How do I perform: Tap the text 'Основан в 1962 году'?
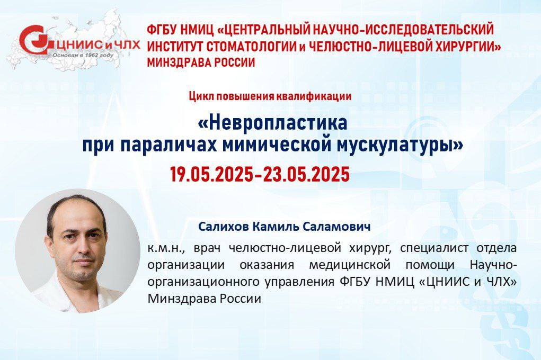click(83, 55)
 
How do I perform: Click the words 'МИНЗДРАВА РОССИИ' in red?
click(201, 62)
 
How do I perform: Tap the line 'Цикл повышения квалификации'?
click(270, 96)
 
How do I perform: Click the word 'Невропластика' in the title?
click(272, 123)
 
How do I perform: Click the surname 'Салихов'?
click(224, 227)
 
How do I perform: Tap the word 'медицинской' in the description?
click(350, 266)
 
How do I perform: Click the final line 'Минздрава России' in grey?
click(204, 299)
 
